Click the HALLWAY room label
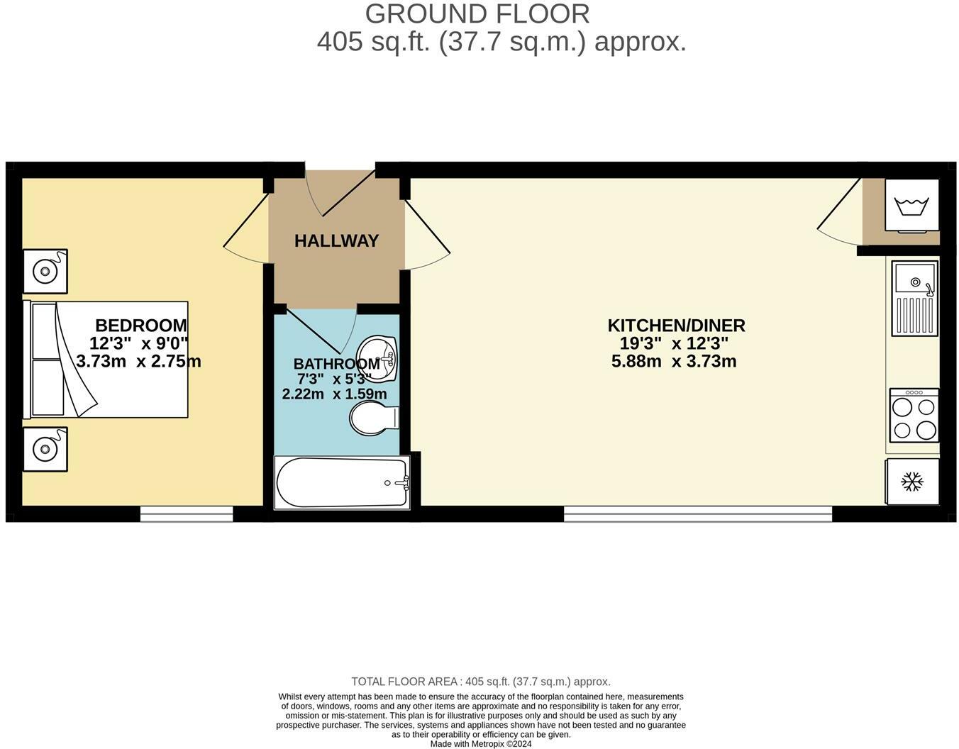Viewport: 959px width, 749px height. tap(336, 241)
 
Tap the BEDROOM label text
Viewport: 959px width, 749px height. tap(140, 326)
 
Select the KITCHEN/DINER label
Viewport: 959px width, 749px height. tap(676, 326)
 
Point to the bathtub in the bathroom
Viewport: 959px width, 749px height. tap(342, 482)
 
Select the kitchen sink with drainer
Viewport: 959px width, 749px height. tap(915, 298)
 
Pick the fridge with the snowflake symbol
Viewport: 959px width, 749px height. tap(912, 482)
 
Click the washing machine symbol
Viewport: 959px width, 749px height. tap(912, 205)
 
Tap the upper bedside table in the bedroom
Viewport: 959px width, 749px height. tap(45, 271)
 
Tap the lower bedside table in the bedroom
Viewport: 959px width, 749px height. tap(45, 449)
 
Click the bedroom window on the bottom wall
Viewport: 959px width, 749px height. tap(187, 514)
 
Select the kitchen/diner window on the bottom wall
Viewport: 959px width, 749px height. tap(698, 514)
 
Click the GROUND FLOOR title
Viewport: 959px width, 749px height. tap(477, 13)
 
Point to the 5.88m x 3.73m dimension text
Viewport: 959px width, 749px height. tap(673, 362)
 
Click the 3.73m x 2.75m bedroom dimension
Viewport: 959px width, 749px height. tap(139, 362)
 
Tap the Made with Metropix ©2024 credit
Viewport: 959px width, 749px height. tap(481, 744)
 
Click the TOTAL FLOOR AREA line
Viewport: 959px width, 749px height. tap(481, 682)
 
